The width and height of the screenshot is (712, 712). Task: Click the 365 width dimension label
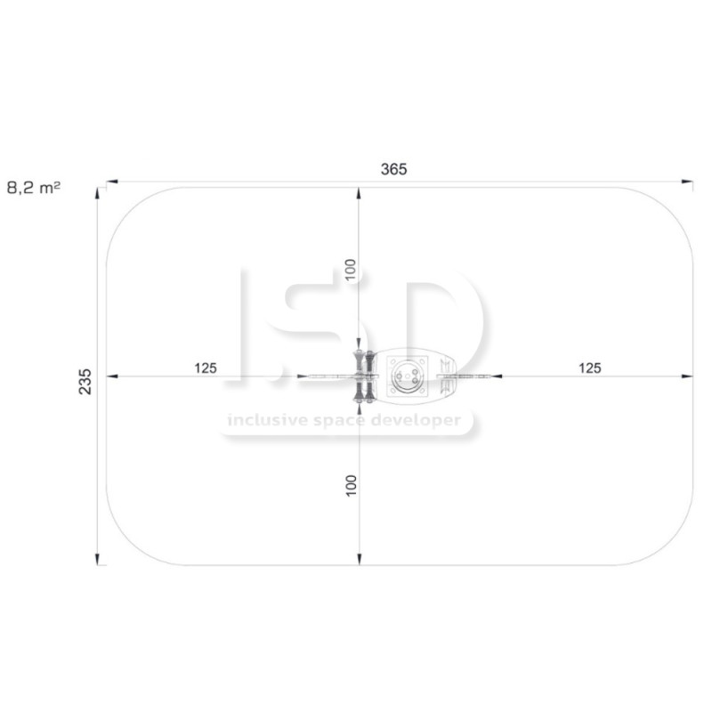[x=393, y=169]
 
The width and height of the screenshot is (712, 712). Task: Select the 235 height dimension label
[x=85, y=382]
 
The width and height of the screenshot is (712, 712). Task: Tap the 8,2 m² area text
[x=34, y=188]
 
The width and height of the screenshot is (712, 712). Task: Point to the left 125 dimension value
[x=206, y=368]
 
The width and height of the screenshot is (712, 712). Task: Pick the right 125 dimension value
[x=590, y=368]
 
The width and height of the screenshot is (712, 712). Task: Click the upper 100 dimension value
[x=351, y=270]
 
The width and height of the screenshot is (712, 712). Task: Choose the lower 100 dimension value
[x=351, y=486]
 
